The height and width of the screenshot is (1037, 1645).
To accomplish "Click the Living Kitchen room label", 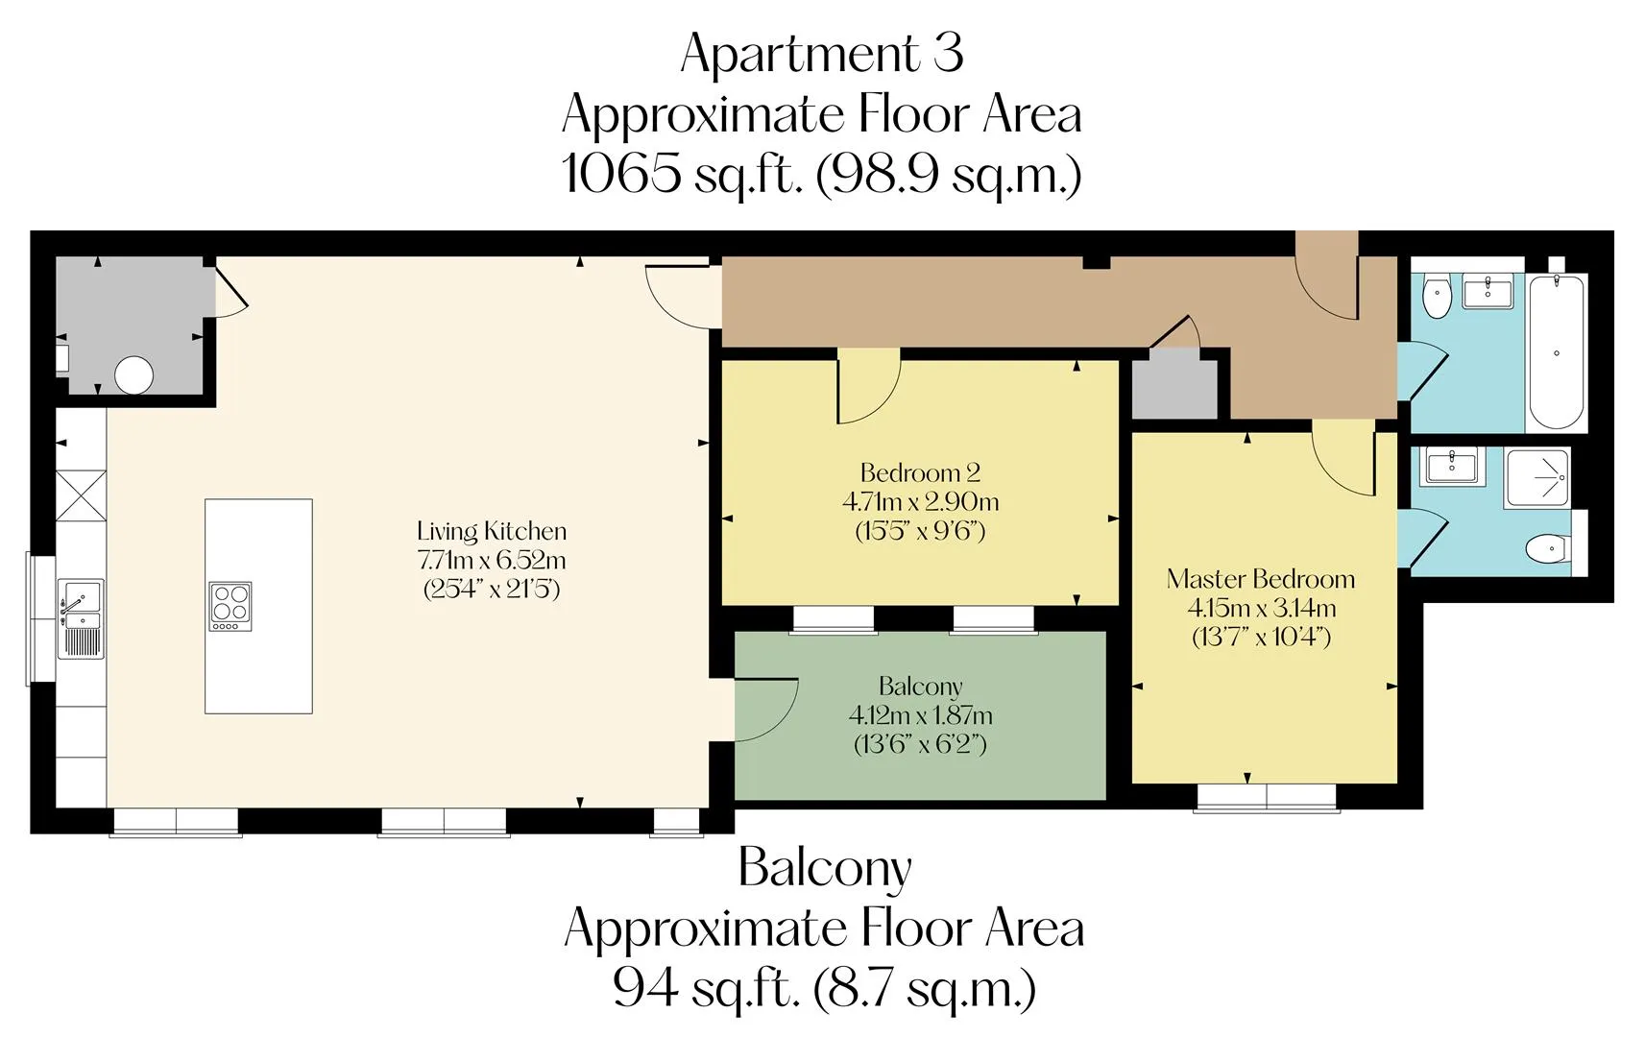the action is [x=492, y=531].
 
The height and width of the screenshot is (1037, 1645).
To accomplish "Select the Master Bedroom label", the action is [x=1261, y=579].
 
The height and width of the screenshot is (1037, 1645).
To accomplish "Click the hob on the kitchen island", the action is [x=230, y=607].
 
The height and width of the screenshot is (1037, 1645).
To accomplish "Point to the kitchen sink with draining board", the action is [x=81, y=618].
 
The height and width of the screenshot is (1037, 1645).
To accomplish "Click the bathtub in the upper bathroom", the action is [x=1556, y=351].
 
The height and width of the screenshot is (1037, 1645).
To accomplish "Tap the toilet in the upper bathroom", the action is [x=1437, y=297].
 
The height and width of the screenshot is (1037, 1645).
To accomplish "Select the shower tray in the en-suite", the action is [x=1537, y=478].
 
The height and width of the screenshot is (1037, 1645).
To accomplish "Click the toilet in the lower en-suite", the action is [x=1548, y=548].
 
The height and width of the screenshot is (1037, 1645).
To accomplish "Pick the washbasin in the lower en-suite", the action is [x=1453, y=466].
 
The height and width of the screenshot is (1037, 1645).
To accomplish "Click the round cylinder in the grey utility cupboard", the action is [x=133, y=374].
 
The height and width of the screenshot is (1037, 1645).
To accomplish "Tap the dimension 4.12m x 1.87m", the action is [x=920, y=714].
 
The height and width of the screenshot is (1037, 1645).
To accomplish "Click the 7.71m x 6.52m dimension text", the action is [x=492, y=561].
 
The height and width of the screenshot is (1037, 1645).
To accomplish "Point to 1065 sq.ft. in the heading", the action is [x=681, y=175].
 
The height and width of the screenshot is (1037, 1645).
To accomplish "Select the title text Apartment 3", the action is [x=822, y=53].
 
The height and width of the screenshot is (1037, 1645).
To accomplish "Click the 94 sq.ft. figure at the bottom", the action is [x=706, y=988].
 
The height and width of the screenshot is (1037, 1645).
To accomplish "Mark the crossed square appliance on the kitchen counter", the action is [x=81, y=495].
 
